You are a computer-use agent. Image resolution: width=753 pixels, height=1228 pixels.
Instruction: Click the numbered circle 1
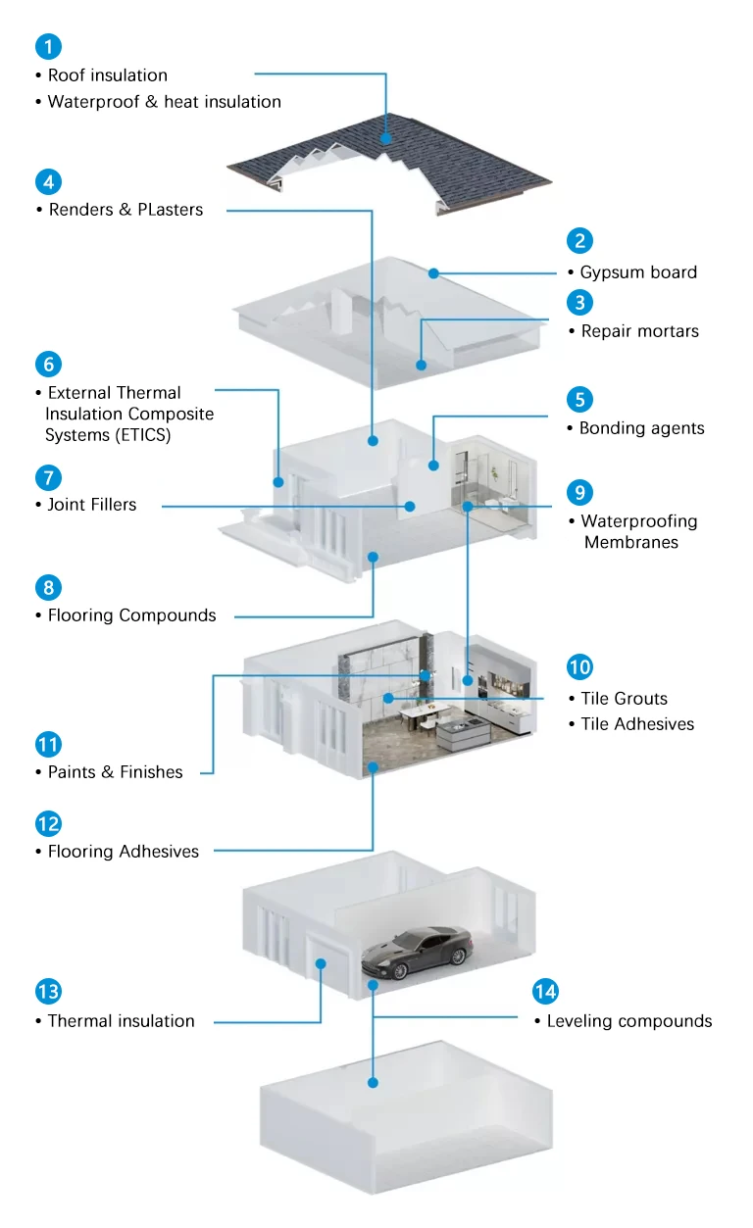(48, 47)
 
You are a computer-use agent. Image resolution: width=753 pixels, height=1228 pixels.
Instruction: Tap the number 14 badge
(545, 991)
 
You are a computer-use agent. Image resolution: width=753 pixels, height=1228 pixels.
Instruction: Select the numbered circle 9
(579, 492)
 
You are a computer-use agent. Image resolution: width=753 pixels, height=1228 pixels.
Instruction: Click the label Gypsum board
(638, 272)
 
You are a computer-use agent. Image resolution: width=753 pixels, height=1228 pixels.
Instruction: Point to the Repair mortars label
(639, 331)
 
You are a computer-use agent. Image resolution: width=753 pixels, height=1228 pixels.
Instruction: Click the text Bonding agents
(641, 428)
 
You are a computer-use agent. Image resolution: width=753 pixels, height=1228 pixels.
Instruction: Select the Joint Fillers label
(91, 505)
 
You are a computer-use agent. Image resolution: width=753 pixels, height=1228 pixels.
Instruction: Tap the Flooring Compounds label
(131, 615)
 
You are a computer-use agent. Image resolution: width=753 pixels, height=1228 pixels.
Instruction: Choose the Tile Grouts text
(625, 699)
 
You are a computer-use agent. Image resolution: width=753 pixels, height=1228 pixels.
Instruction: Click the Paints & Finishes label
(115, 772)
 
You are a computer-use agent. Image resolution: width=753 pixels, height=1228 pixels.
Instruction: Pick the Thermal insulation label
(121, 1021)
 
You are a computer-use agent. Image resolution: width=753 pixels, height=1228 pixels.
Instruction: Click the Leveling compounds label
(629, 1021)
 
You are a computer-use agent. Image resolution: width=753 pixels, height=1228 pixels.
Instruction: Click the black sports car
(417, 953)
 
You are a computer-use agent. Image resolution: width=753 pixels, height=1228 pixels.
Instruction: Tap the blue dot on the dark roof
(386, 139)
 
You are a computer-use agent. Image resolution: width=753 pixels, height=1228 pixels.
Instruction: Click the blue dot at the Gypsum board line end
(433, 273)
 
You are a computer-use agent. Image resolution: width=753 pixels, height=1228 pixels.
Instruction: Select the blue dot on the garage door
(321, 963)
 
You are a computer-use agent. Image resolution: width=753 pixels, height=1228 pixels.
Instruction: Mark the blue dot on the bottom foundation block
(373, 1083)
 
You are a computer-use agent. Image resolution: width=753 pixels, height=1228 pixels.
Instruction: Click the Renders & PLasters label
(125, 210)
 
